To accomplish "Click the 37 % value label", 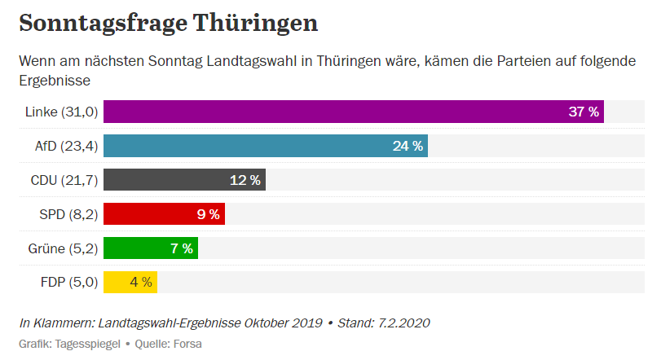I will coord(584,112).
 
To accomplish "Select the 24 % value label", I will coord(408,146).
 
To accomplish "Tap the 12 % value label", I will coord(245,180).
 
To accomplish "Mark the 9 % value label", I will coord(208,214).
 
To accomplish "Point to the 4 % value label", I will coord(141,283).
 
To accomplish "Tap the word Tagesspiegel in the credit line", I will coord(87,344).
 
